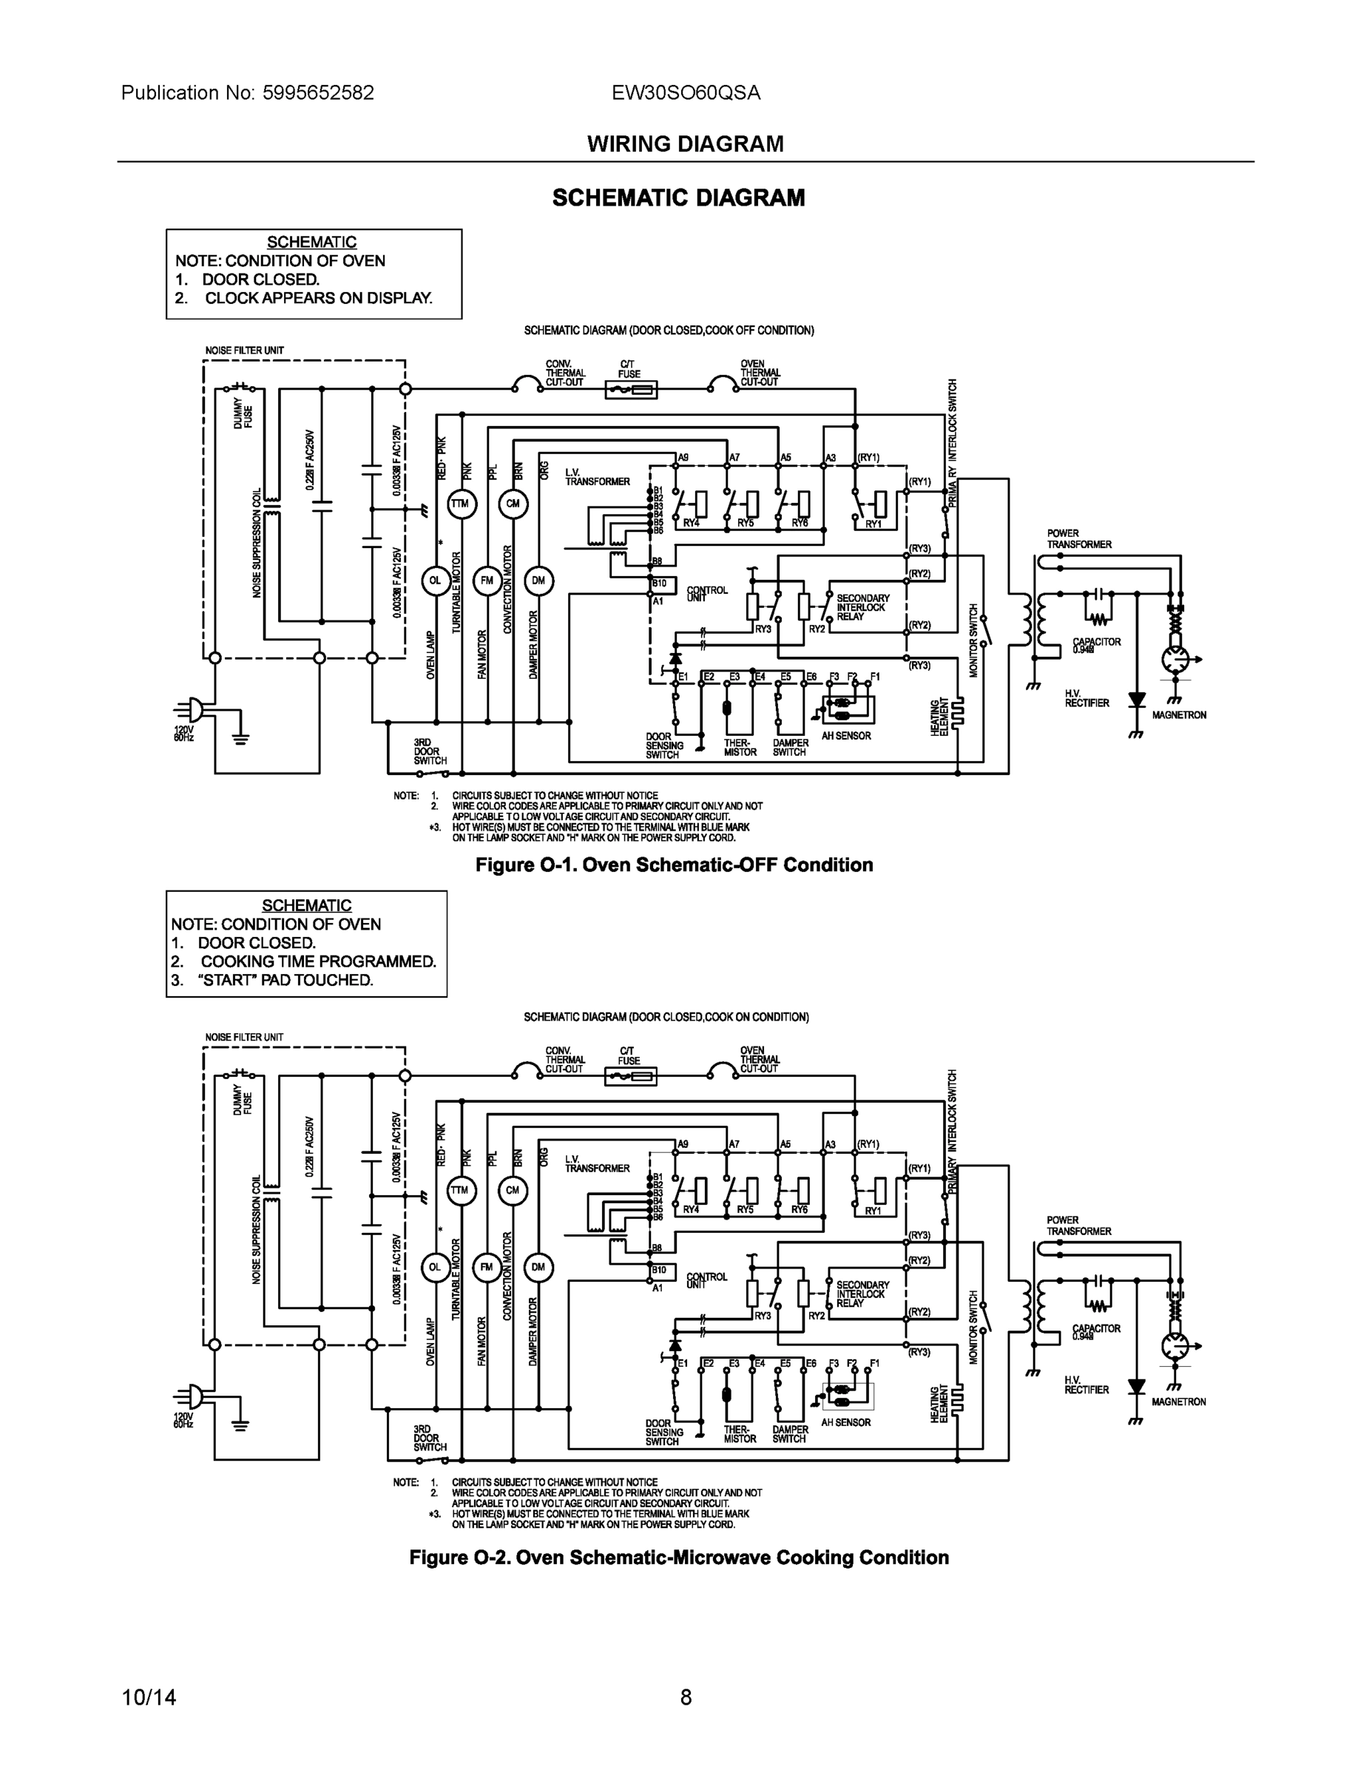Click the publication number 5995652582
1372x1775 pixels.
318,92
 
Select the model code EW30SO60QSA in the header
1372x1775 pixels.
686,92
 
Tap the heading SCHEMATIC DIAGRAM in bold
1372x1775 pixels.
678,197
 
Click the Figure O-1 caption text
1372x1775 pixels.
674,865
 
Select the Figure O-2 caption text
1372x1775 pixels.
679,1557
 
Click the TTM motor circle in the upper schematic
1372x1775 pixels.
460,504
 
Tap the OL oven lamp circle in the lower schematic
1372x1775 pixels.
435,1267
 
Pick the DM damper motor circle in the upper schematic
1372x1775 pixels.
538,581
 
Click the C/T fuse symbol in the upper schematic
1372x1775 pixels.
631,391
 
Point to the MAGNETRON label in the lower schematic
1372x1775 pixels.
1177,1402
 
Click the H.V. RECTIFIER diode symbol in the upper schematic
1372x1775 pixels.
1136,700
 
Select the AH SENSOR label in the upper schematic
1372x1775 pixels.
845,736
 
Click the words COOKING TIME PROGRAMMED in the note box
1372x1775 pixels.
318,961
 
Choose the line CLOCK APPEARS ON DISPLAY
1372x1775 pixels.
318,297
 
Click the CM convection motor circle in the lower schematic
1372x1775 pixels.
512,1191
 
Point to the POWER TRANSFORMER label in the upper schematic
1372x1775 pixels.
1078,539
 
